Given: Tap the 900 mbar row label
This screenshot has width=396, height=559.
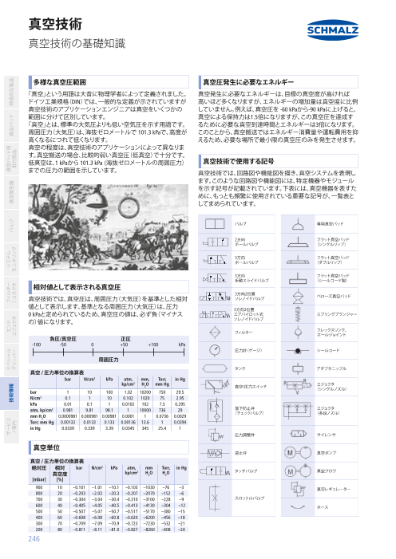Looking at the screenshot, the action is click(38, 486).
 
